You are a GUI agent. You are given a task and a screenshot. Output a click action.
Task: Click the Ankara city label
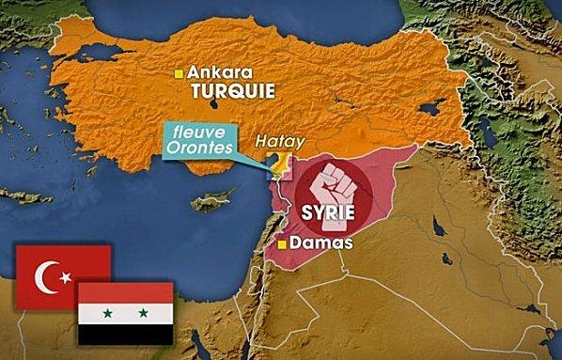[223, 71]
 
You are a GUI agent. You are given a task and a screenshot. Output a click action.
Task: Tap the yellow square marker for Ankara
[179, 72]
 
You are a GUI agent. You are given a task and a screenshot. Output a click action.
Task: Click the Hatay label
[275, 144]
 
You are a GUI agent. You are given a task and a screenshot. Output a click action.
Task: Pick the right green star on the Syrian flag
[142, 312]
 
